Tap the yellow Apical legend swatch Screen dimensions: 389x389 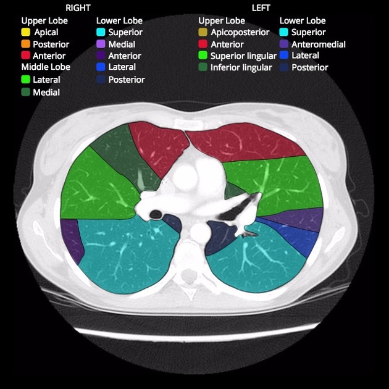pyautogui.click(x=26, y=32)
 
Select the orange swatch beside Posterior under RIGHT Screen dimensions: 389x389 pyautogui.click(x=26, y=44)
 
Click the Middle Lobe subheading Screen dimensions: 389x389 pyautogui.click(x=46, y=67)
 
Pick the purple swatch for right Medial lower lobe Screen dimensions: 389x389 pyautogui.click(x=101, y=44)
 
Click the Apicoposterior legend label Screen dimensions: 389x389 pyautogui.click(x=240, y=32)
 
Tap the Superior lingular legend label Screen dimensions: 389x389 pyautogui.click(x=243, y=56)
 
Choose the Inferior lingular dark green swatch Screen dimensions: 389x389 pyautogui.click(x=203, y=67)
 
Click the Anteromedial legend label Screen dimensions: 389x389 pyautogui.click(x=318, y=44)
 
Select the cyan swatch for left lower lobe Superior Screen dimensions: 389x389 pyautogui.click(x=284, y=32)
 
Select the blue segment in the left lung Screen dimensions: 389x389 pyautogui.click(x=303, y=241)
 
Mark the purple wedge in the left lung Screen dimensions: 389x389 pyautogui.click(x=303, y=219)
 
